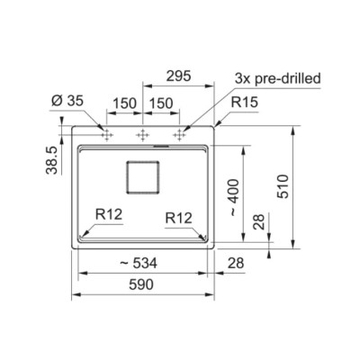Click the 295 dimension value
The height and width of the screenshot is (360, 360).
coord(178,76)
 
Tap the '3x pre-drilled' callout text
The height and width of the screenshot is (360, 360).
coord(278,78)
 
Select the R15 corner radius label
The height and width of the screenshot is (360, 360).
coord(244,103)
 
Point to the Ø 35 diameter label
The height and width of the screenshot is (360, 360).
coord(67,101)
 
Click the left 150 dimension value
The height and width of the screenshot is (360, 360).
coord(124,103)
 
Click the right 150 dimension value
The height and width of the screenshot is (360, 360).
coord(161,103)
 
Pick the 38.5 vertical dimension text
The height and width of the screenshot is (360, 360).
coord(51,160)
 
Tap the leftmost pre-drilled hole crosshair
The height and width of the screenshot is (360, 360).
coord(106,135)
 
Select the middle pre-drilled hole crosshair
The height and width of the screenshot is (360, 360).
coord(142,135)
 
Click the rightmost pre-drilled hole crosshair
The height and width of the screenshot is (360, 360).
coord(179,135)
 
